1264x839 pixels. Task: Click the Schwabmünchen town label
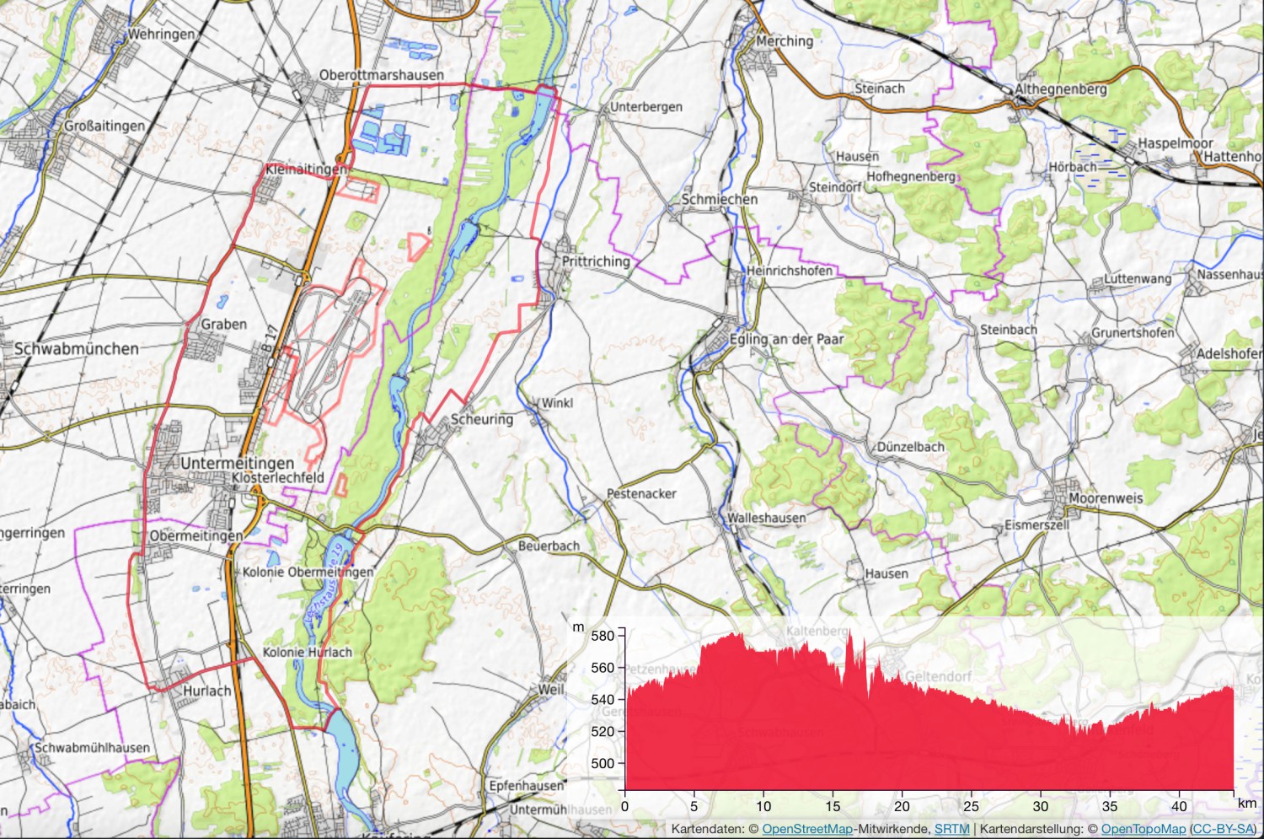pyautogui.click(x=76, y=349)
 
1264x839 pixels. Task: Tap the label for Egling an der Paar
pyautogui.click(x=786, y=339)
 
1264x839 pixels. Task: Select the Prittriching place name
pyautogui.click(x=596, y=261)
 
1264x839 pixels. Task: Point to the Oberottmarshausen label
pyautogui.click(x=381, y=75)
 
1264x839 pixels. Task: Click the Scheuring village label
pyautogui.click(x=481, y=419)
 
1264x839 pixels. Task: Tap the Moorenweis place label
pyautogui.click(x=1106, y=498)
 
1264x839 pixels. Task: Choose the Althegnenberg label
pyautogui.click(x=1060, y=89)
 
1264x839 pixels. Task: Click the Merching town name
pyautogui.click(x=785, y=40)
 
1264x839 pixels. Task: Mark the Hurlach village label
pyautogui.click(x=206, y=691)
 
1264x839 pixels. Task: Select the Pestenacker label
pyautogui.click(x=641, y=494)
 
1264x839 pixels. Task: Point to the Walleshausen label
pyautogui.click(x=766, y=518)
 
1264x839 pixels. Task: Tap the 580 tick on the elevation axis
pyautogui.click(x=603, y=636)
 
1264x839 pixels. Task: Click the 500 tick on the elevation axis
pyautogui.click(x=603, y=763)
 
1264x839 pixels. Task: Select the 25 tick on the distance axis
pyautogui.click(x=972, y=805)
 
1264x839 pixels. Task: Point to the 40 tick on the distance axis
pyautogui.click(x=1179, y=805)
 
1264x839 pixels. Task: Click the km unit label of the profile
pyautogui.click(x=1247, y=804)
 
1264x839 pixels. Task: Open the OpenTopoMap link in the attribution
pyautogui.click(x=1143, y=829)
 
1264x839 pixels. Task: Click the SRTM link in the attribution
pyautogui.click(x=951, y=829)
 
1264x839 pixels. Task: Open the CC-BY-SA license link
pyautogui.click(x=1223, y=829)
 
